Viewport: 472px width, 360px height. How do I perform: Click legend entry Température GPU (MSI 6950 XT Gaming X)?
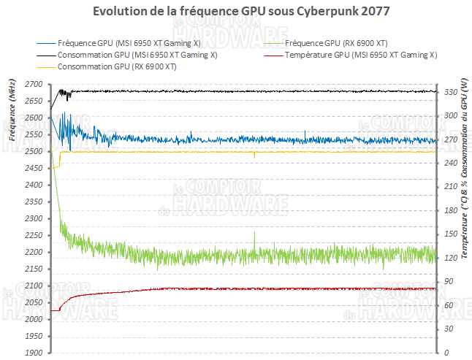coord(361,55)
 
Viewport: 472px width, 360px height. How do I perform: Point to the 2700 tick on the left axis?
coord(34,85)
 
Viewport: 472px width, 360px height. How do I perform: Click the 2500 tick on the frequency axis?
coord(34,152)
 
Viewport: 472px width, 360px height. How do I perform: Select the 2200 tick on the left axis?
coord(34,252)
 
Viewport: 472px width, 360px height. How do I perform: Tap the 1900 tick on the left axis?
coord(34,353)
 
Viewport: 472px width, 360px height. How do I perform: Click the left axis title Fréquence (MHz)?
coord(12,110)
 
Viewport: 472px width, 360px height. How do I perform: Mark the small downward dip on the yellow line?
coord(254,156)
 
